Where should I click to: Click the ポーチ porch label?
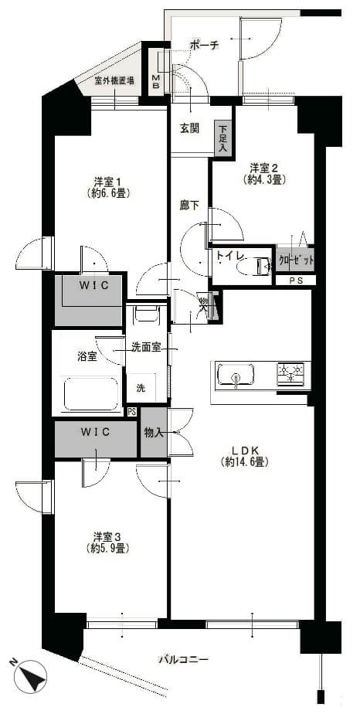tap(205, 46)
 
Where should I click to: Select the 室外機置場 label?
tap(114, 81)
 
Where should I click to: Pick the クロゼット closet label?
tap(295, 260)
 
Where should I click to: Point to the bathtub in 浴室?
tap(91, 394)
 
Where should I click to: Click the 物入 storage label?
tap(154, 432)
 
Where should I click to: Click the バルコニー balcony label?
tap(183, 659)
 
